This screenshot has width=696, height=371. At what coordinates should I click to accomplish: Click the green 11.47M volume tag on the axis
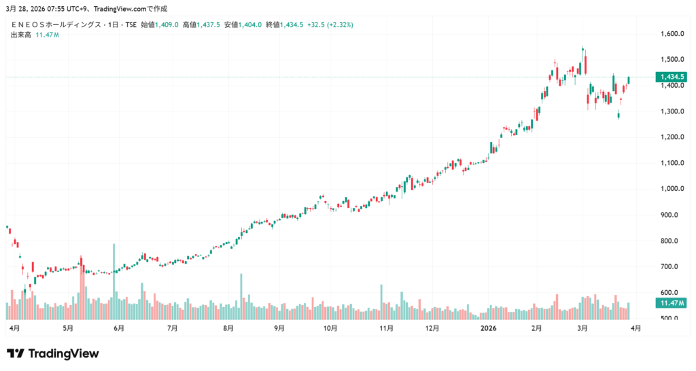[x=670, y=302]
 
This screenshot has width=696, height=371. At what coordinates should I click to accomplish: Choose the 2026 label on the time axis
[x=489, y=328]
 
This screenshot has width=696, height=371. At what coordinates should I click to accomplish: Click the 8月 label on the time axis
[x=228, y=328]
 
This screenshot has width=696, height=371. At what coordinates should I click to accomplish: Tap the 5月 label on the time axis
[x=67, y=328]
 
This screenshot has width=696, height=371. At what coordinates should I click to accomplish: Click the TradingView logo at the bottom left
[x=53, y=353]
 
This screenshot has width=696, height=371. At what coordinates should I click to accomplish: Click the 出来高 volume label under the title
[x=22, y=35]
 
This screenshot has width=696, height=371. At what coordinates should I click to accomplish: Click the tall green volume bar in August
[x=241, y=296]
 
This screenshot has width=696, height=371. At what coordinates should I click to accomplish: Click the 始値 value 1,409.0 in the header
[x=167, y=24]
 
